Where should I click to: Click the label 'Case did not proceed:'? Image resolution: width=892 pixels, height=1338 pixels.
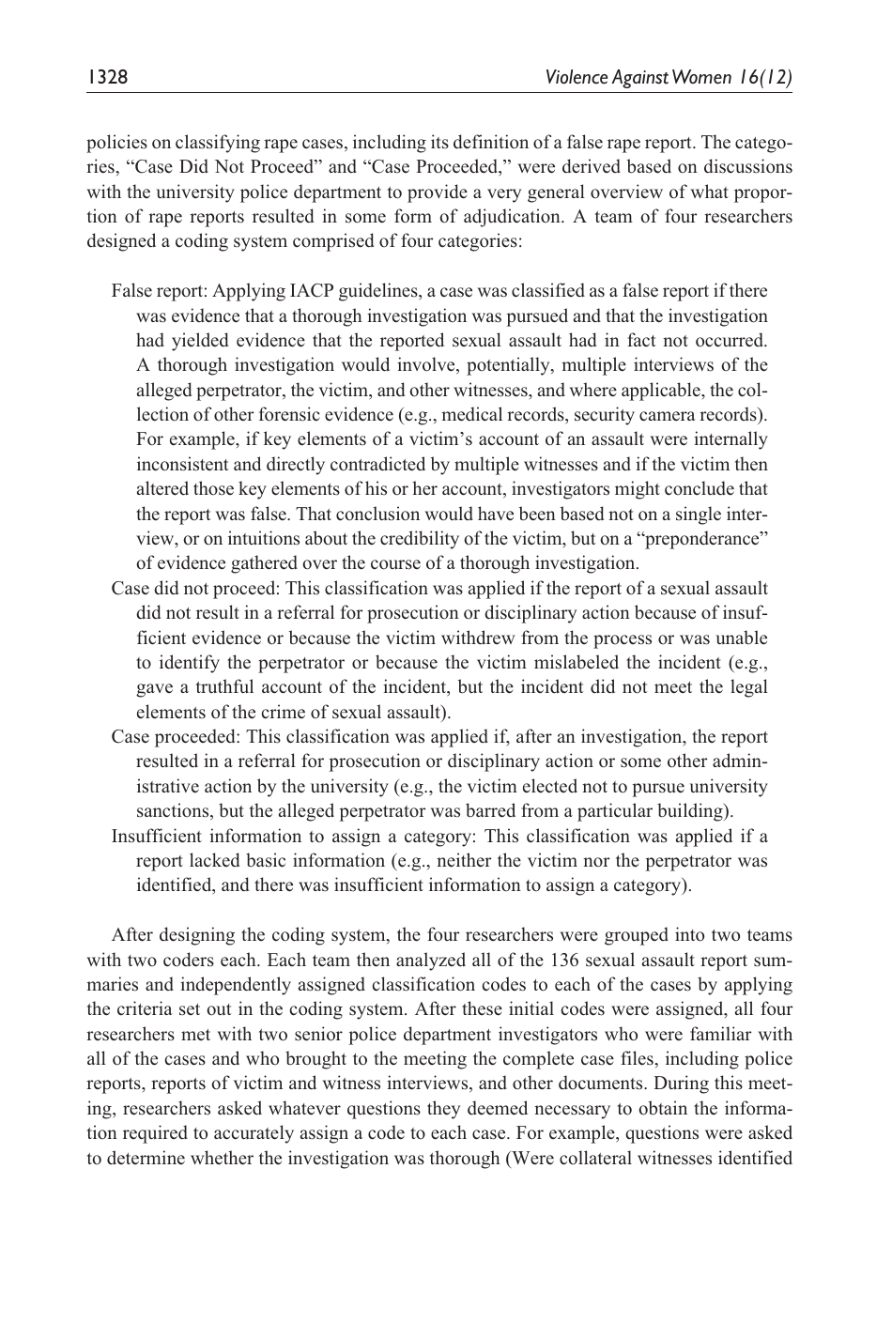click(195, 589)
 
